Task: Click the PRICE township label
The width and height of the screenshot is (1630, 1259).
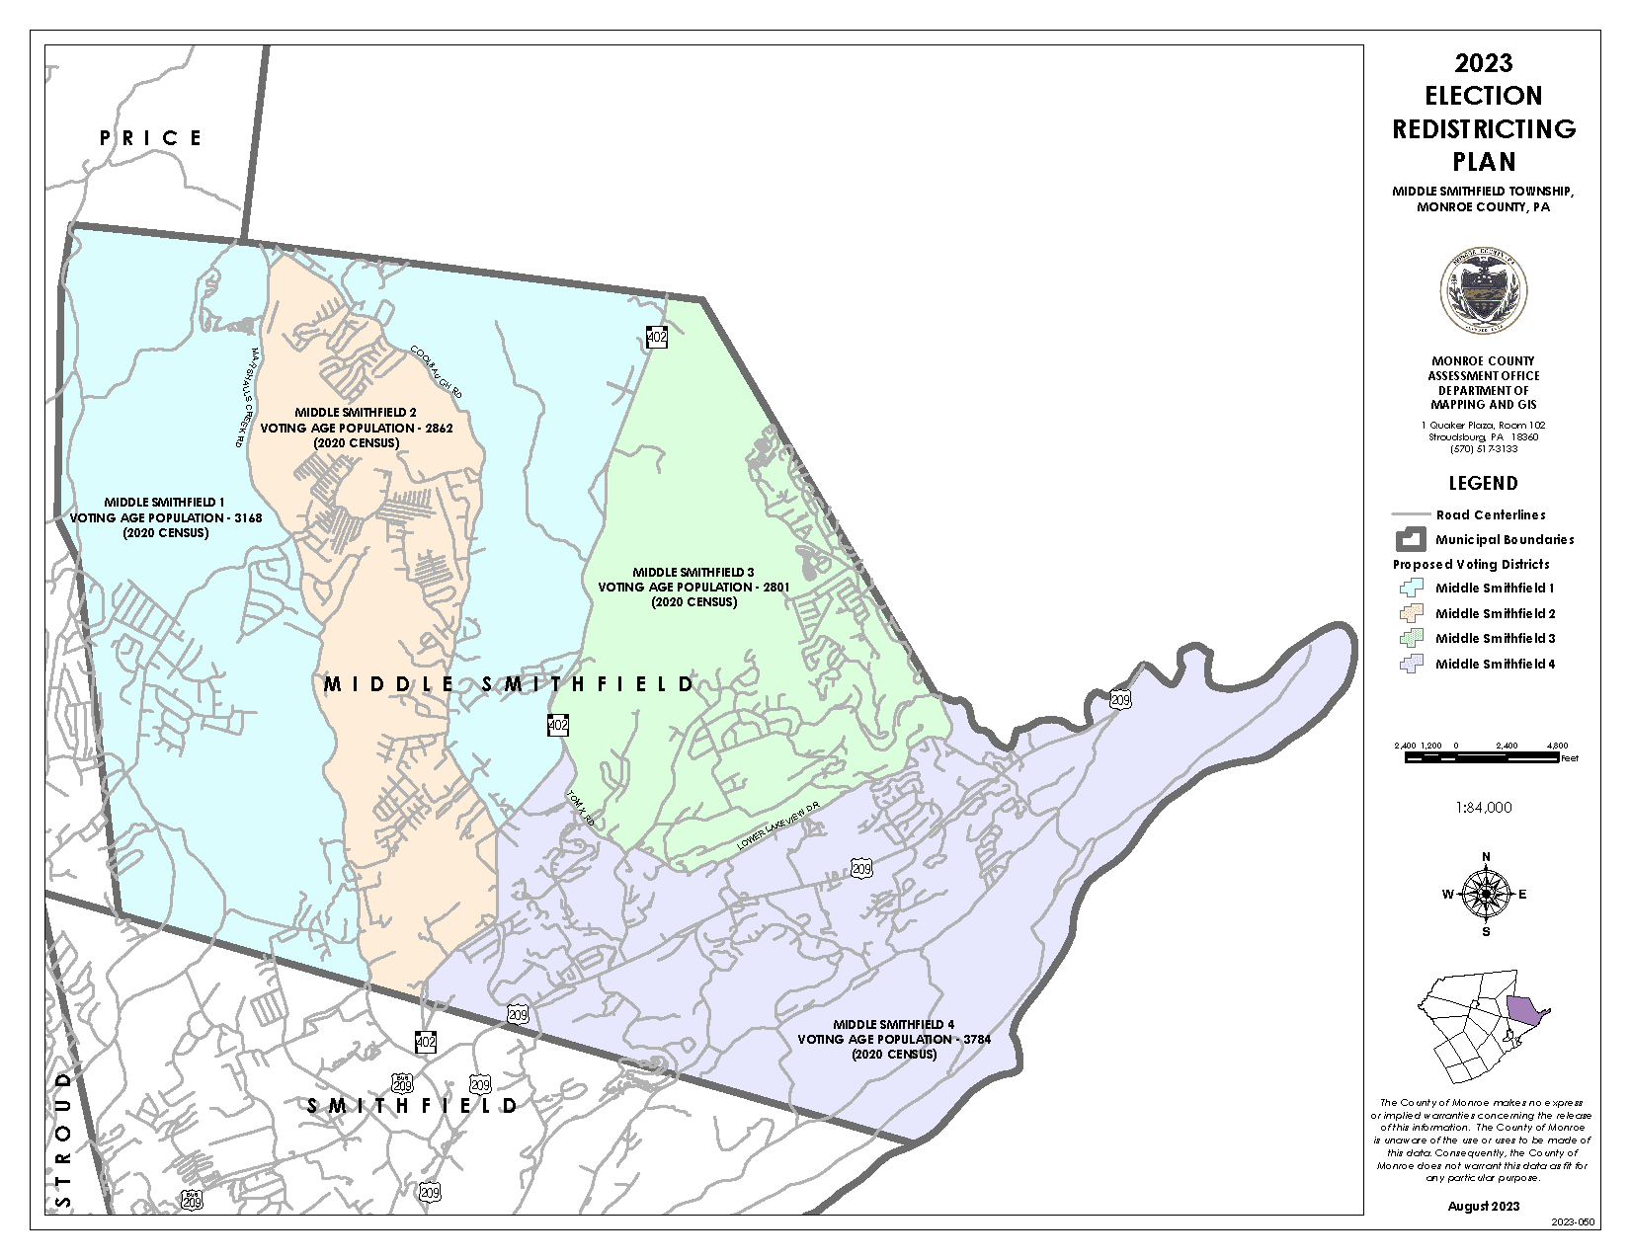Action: (x=150, y=138)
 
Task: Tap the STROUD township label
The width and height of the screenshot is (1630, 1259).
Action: (x=63, y=1140)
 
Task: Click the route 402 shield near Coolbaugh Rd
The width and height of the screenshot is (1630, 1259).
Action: (x=657, y=337)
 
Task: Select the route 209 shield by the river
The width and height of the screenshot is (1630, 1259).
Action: (x=1119, y=700)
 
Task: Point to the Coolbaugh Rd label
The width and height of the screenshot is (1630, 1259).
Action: (x=436, y=372)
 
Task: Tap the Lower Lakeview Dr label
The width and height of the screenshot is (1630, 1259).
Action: (x=779, y=826)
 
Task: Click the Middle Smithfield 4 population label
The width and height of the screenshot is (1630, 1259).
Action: (x=894, y=1039)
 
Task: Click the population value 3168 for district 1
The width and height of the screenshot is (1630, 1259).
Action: (x=248, y=518)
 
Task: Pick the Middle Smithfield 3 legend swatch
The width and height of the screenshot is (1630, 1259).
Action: (x=1411, y=638)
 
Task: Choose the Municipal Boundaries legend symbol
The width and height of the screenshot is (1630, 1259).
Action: (x=1411, y=539)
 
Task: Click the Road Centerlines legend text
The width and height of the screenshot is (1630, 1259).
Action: (x=1490, y=514)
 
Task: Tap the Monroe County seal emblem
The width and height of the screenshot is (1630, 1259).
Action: (x=1483, y=291)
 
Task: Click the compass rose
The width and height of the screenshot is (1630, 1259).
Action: (x=1485, y=894)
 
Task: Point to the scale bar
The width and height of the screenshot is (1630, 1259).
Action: (x=1481, y=757)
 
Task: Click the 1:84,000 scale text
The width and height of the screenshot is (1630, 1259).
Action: (x=1483, y=808)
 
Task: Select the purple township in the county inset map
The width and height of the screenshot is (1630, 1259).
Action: (x=1524, y=1009)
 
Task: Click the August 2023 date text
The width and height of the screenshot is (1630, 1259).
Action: (x=1483, y=1206)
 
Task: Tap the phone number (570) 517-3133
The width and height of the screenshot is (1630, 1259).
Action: (x=1483, y=449)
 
